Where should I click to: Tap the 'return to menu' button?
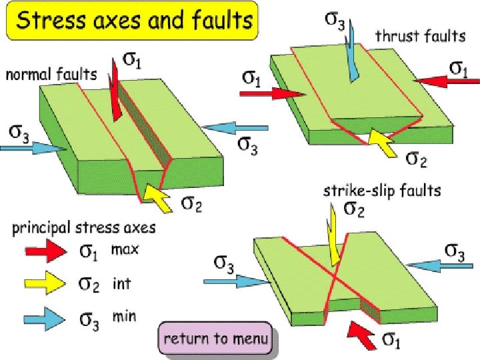pyautogui.click(x=216, y=339)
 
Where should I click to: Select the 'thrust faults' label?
pyautogui.click(x=420, y=36)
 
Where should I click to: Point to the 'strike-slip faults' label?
pyautogui.click(x=382, y=191)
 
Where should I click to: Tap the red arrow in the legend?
pyautogui.click(x=45, y=251)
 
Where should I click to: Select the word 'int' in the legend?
pyautogui.click(x=122, y=283)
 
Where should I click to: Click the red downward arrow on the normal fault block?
pyautogui.click(x=116, y=93)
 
